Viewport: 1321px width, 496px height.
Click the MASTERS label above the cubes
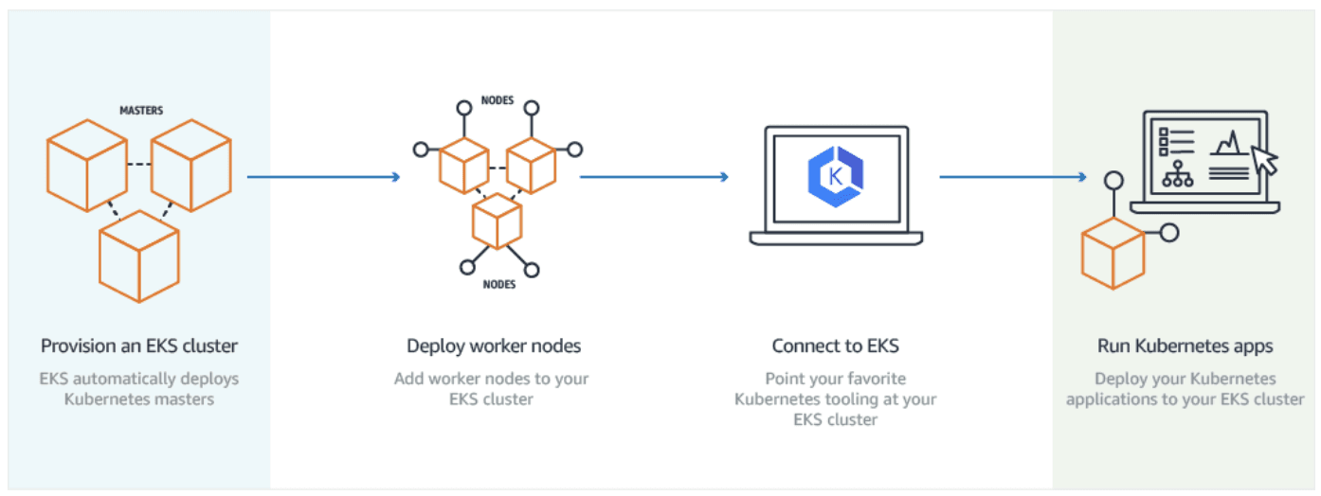click(140, 111)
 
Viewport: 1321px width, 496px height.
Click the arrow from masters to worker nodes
click(323, 176)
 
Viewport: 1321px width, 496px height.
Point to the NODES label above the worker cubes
click(498, 99)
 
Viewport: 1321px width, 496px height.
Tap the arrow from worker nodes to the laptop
click(654, 176)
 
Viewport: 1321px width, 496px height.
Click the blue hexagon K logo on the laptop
click(836, 176)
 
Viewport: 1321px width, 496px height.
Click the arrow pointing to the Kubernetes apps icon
click(1012, 176)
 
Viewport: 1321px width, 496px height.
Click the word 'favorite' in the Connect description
click(869, 379)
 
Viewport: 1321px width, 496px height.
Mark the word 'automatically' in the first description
click(151, 379)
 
